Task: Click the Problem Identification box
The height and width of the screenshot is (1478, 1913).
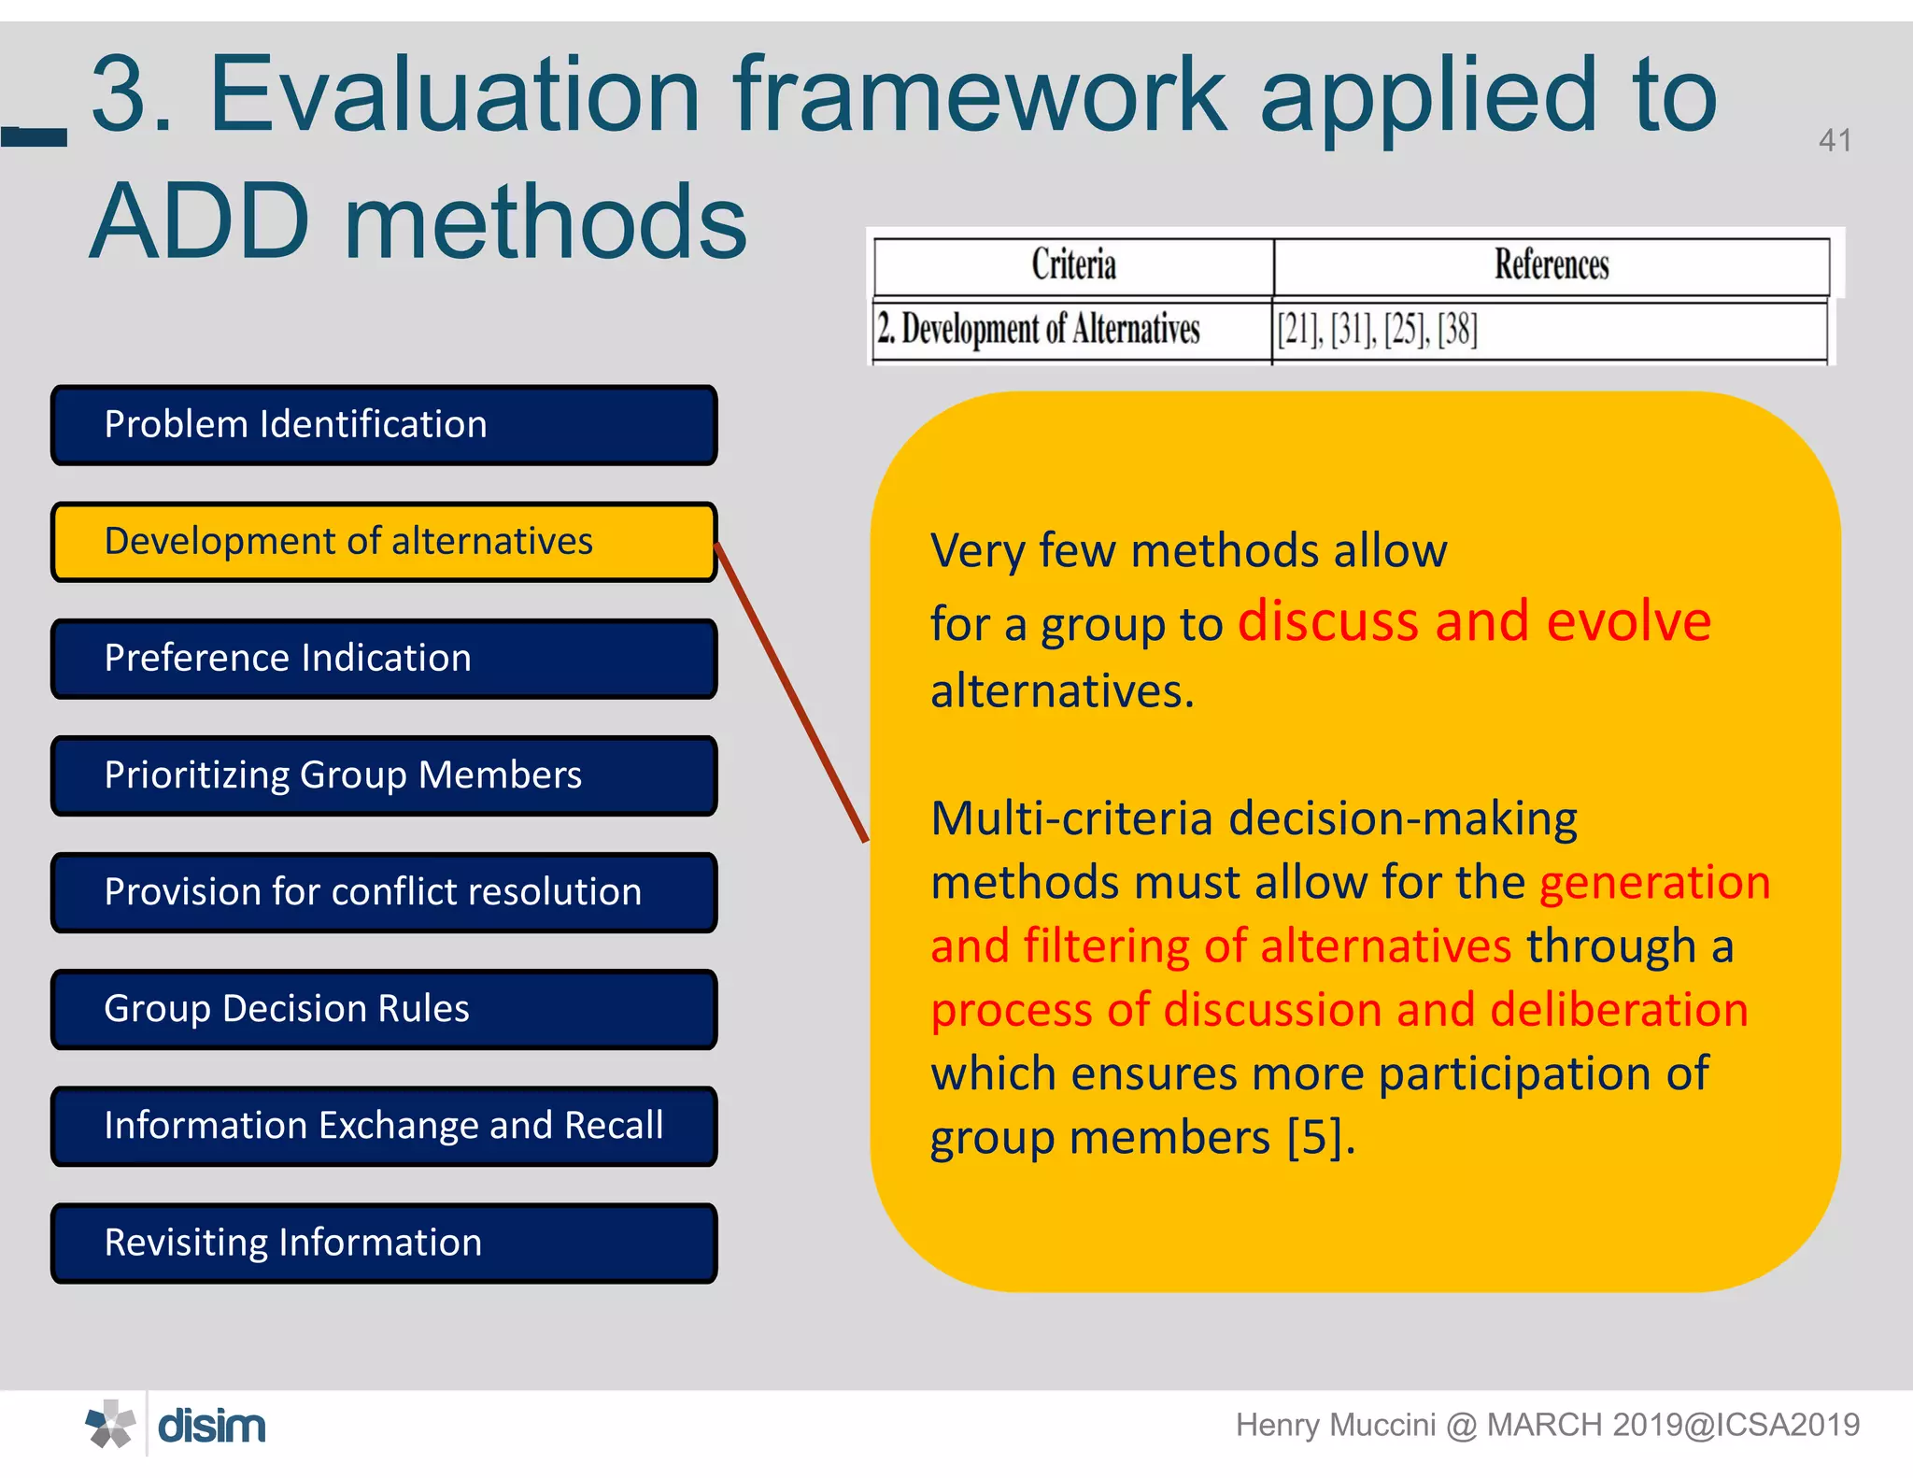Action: tap(384, 425)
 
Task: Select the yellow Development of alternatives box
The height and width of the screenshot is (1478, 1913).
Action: tap(384, 542)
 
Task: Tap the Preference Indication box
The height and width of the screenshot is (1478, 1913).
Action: tap(384, 659)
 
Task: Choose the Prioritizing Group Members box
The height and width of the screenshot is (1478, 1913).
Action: tap(384, 775)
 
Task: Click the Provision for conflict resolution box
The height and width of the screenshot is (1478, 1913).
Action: tap(384, 892)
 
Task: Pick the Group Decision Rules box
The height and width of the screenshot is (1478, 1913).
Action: tap(384, 1009)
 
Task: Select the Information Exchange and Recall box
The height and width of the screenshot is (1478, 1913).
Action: tap(384, 1126)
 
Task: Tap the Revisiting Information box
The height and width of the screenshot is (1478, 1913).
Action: tap(384, 1243)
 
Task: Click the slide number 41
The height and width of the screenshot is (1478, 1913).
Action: tap(1835, 140)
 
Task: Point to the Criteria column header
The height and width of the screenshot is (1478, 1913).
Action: tap(1073, 265)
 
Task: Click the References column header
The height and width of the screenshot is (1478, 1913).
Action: tap(1551, 265)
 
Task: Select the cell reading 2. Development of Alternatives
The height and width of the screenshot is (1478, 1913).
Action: tap(1038, 329)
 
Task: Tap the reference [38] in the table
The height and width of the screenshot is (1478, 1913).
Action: tap(1457, 329)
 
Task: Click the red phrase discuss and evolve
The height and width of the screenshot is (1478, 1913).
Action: tap(1474, 621)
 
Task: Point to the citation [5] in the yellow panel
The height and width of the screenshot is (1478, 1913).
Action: tap(1316, 1137)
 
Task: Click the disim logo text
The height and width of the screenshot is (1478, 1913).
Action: tap(212, 1426)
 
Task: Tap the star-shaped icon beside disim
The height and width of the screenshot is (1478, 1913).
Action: tap(110, 1425)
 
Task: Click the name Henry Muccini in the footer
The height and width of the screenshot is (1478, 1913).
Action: tap(1334, 1425)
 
